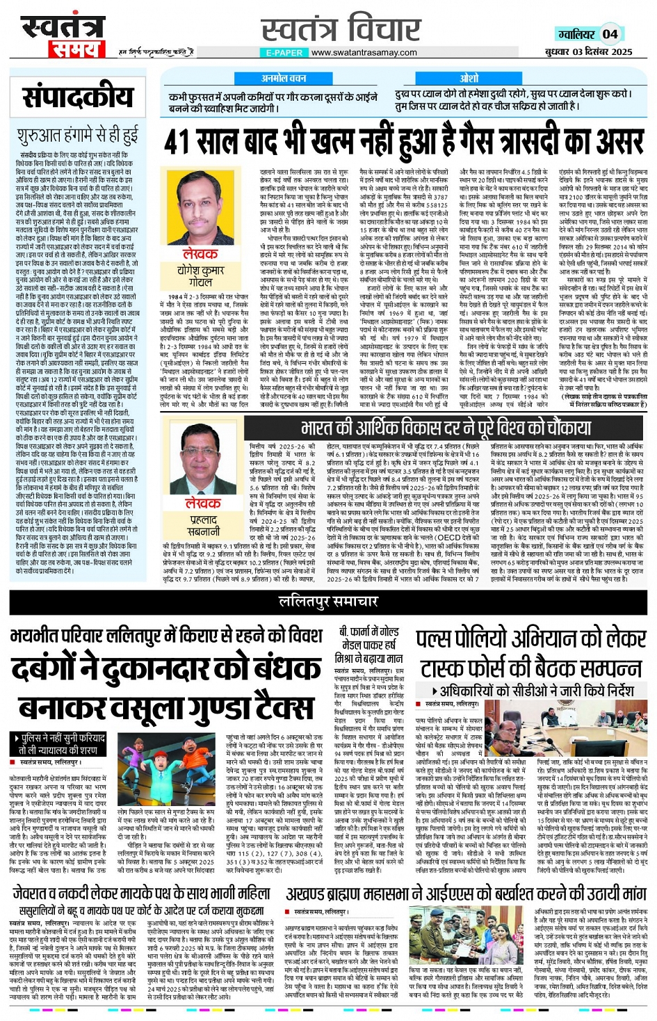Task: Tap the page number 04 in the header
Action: point(610,34)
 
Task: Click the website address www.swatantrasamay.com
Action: point(364,52)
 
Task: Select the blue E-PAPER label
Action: point(284,52)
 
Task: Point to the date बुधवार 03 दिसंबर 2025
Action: point(588,51)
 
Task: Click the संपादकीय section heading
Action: point(78,97)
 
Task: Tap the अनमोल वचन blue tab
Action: point(284,79)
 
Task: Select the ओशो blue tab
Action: point(469,79)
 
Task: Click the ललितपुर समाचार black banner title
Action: point(328,601)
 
